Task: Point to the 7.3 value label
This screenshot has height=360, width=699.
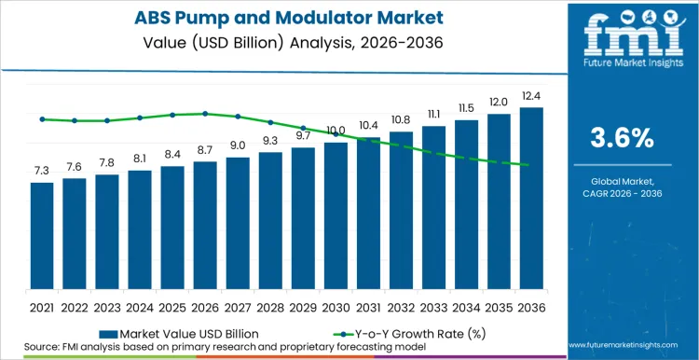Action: click(42, 171)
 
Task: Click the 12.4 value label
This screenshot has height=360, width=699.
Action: click(531, 96)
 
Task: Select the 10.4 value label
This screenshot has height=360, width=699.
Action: click(368, 125)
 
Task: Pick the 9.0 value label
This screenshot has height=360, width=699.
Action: click(238, 145)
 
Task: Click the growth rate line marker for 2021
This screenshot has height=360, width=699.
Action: click(42, 119)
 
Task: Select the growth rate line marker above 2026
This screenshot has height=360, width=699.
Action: click(205, 114)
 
